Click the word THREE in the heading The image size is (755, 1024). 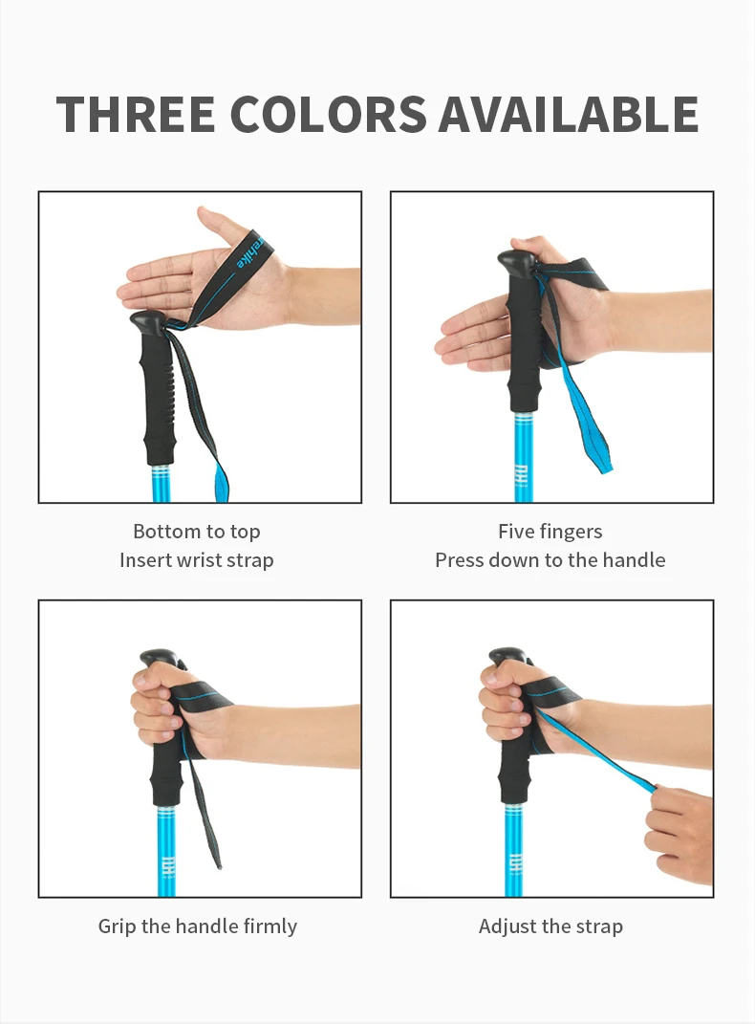click(136, 115)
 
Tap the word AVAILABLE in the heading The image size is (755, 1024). click(569, 115)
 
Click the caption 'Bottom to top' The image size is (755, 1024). click(196, 532)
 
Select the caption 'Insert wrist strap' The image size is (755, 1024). click(196, 560)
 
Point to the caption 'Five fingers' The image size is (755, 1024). click(550, 532)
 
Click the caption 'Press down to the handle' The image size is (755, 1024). click(550, 560)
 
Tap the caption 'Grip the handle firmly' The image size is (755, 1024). click(197, 926)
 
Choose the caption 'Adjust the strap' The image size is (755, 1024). click(550, 926)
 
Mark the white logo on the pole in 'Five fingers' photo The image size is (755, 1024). click(523, 474)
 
